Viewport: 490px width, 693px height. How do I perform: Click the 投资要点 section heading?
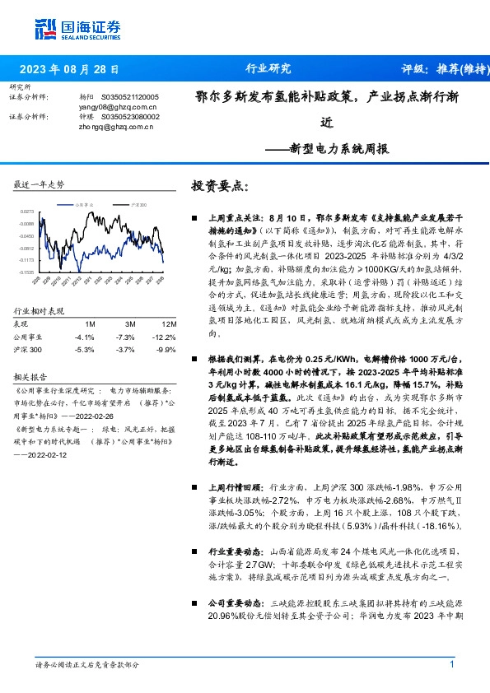pos(218,186)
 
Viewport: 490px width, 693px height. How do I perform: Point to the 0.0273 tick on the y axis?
pos(27,212)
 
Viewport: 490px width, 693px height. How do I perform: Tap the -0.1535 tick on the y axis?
pos(27,271)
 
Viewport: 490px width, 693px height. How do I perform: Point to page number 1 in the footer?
pos(452,664)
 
